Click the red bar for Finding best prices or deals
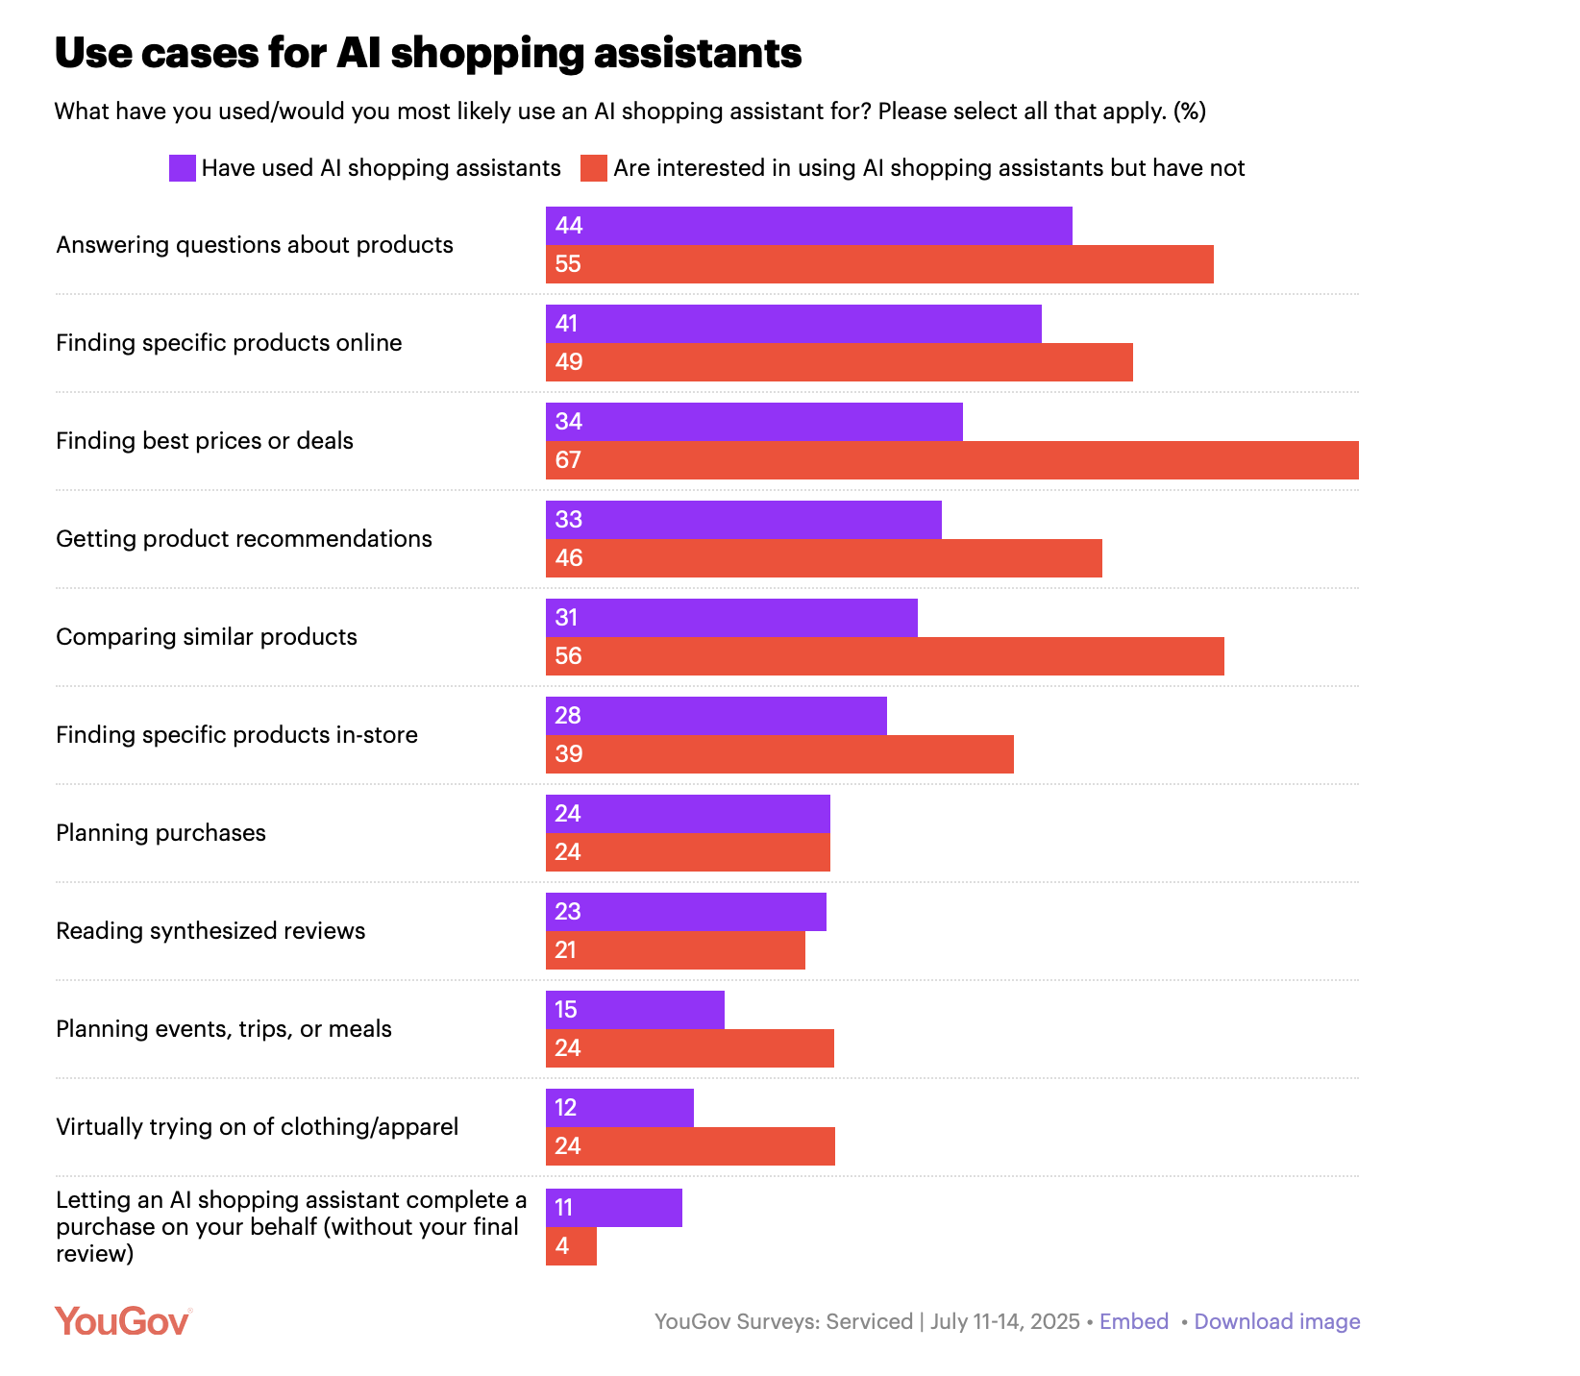coord(951,460)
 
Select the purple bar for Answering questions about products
coord(808,226)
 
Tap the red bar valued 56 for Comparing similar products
coord(884,656)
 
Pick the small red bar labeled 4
coord(571,1246)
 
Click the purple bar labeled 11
coord(614,1208)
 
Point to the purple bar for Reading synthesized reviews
coord(685,912)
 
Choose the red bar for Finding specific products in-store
coord(779,754)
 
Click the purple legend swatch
coord(183,168)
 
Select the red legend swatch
coord(594,168)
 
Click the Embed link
coord(1134,1321)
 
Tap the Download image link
coord(1277,1321)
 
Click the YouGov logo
coord(123,1321)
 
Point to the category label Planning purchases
coord(160,833)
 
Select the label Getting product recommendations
coord(244,539)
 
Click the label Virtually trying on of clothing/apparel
coord(257,1127)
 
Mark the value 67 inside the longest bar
coord(568,460)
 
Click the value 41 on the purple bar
coord(566,324)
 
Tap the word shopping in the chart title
coord(487,53)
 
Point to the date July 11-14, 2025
coord(1005,1321)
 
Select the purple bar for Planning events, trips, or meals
coord(634,1010)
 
